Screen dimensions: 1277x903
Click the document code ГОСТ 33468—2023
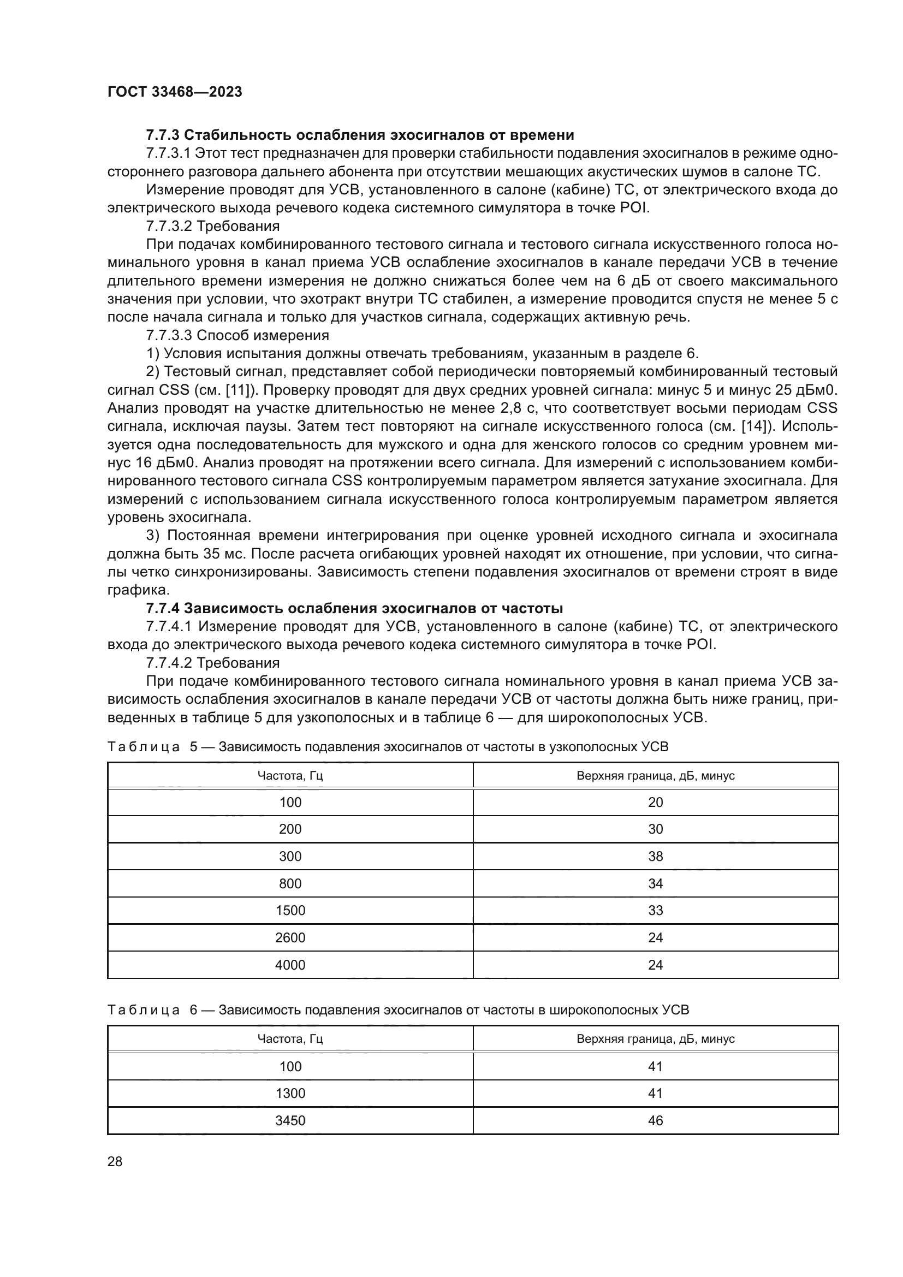click(175, 92)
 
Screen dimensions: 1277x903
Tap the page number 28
click(115, 1161)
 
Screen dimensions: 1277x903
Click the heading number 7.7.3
click(162, 135)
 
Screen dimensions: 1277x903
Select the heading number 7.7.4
click(162, 608)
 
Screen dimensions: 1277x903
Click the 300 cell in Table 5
click(290, 856)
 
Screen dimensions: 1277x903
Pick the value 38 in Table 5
click(656, 856)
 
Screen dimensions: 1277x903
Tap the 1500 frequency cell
click(290, 910)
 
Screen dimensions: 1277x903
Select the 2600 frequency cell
click(290, 938)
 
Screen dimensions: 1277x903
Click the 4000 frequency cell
click(290, 965)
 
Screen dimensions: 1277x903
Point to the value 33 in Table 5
click(656, 910)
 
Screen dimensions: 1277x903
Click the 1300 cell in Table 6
click(290, 1093)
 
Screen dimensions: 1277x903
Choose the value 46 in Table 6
click(656, 1120)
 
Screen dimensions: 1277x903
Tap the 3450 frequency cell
click(290, 1120)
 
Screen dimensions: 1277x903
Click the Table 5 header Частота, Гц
click(290, 775)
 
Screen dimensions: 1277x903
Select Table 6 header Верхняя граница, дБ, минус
click(656, 1038)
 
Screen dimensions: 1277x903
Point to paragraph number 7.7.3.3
click(169, 335)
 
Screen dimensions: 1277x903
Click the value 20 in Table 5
click(656, 802)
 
